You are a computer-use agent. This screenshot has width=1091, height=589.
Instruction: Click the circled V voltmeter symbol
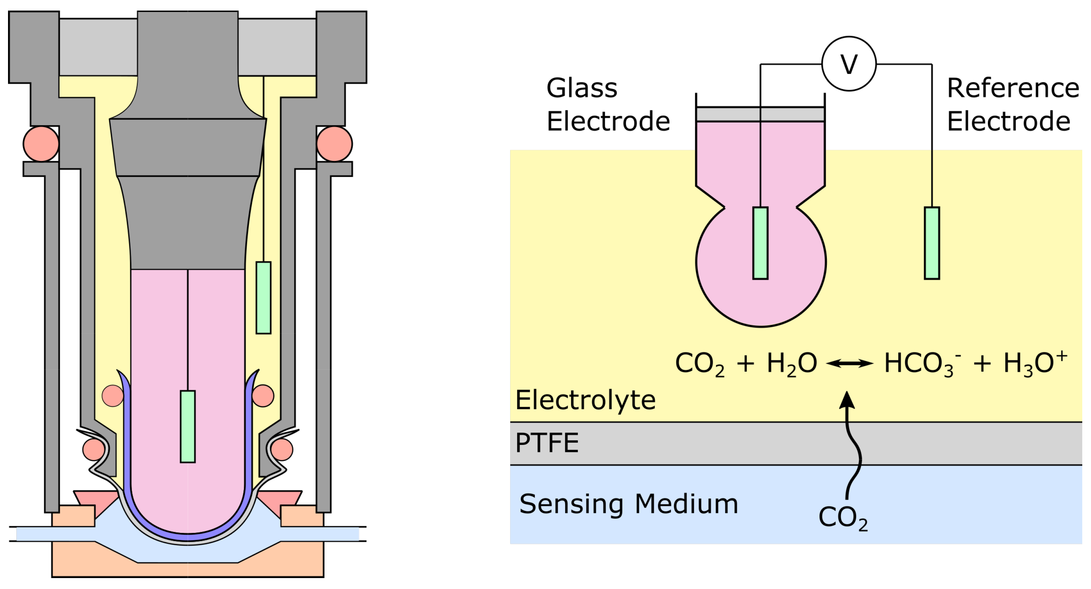848,64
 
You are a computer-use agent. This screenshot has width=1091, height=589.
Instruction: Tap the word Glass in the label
582,88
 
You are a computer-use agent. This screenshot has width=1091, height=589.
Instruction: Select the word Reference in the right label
1013,88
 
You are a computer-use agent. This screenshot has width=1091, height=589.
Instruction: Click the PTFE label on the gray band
546,443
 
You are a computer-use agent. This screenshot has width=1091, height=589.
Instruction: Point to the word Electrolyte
585,400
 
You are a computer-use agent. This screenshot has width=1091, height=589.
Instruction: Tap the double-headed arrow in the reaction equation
849,363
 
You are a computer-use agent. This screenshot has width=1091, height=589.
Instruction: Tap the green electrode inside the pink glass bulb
760,243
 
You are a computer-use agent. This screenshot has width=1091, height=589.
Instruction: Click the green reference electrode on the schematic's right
931,243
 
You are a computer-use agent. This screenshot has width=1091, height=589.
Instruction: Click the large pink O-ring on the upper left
41,144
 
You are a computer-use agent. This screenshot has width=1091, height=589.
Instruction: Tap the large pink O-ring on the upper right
334,144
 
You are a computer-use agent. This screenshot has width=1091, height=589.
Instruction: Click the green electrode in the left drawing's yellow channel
263,298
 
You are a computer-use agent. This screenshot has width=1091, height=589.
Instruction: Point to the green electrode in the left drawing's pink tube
188,426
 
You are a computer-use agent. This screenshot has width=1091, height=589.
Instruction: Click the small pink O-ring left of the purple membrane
113,396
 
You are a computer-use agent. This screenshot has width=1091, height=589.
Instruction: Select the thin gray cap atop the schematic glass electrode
760,114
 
